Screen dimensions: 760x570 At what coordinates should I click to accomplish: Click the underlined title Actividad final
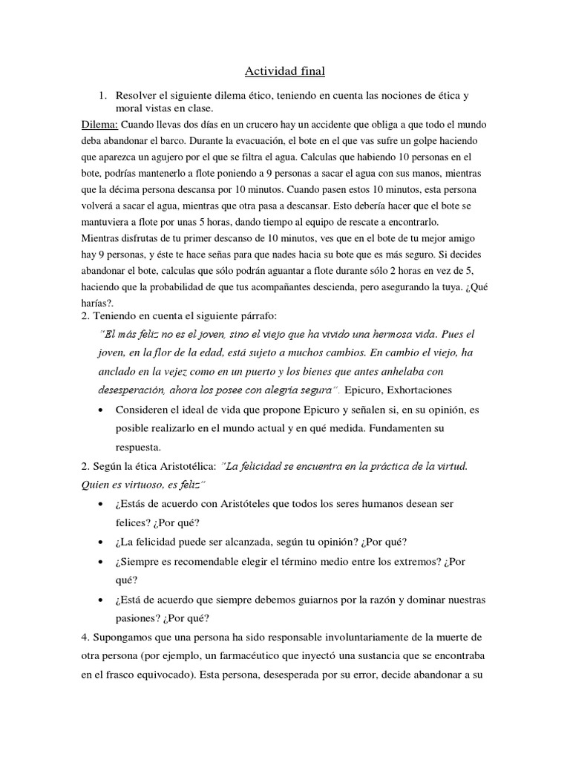pyautogui.click(x=285, y=71)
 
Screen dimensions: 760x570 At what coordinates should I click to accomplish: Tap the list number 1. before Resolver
pyautogui.click(x=104, y=96)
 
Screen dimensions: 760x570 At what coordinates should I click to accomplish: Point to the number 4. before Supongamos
pyautogui.click(x=85, y=637)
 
